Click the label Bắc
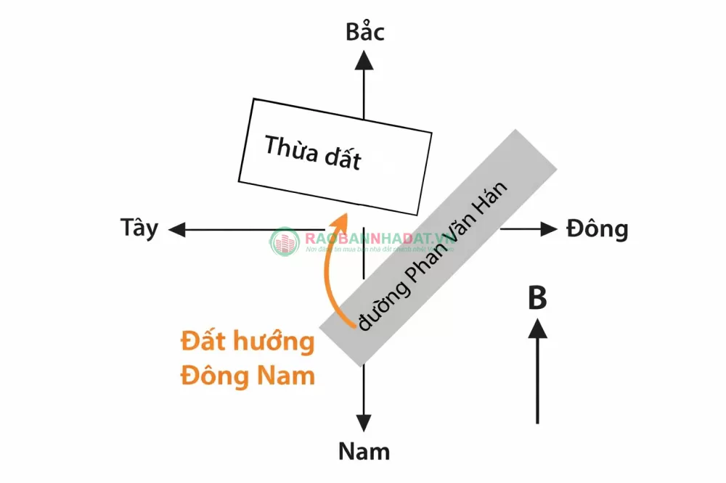364,33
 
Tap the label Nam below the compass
364,451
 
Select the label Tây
139,228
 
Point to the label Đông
597,229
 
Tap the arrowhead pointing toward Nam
364,424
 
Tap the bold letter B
537,299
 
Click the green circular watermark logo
285,242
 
